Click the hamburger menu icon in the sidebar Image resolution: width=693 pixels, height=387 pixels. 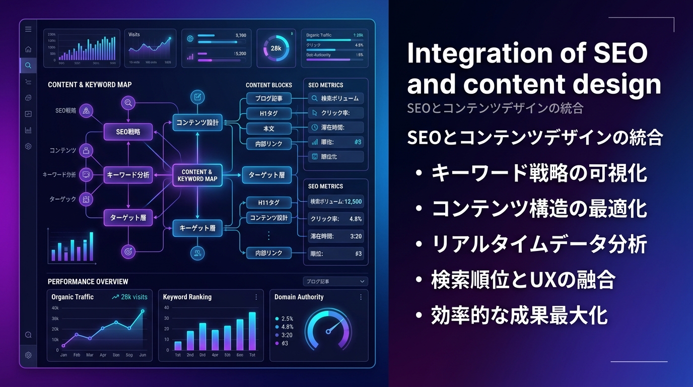pyautogui.click(x=28, y=29)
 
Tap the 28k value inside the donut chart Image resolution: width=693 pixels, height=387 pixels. pyautogui.click(x=275, y=48)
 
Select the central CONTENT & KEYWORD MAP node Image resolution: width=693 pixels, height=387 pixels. pyautogui.click(x=197, y=175)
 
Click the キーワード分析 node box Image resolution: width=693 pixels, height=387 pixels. pyautogui.click(x=128, y=175)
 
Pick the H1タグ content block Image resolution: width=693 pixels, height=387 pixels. pyautogui.click(x=268, y=113)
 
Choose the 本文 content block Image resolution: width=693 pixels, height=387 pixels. pyautogui.click(x=268, y=128)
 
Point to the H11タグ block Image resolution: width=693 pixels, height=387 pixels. pyautogui.click(x=268, y=203)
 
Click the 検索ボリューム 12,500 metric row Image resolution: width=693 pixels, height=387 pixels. pyautogui.click(x=335, y=202)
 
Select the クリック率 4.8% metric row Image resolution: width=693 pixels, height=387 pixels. pyautogui.click(x=335, y=219)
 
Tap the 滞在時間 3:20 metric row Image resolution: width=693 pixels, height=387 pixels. pyautogui.click(x=335, y=236)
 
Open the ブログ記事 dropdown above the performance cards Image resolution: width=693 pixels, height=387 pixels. pyautogui.click(x=335, y=282)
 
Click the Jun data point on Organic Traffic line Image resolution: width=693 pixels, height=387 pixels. pyautogui.click(x=143, y=311)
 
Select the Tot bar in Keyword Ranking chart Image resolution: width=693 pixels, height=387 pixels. pyautogui.click(x=252, y=331)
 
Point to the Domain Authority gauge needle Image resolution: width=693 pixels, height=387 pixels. pyautogui.click(x=331, y=328)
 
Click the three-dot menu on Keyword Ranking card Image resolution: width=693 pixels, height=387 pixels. pyautogui.click(x=256, y=297)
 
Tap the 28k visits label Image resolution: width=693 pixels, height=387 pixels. pyautogui.click(x=130, y=297)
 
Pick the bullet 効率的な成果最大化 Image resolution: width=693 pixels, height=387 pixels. pyautogui.click(x=519, y=316)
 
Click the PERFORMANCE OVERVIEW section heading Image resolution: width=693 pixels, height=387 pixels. pyautogui.click(x=88, y=282)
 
